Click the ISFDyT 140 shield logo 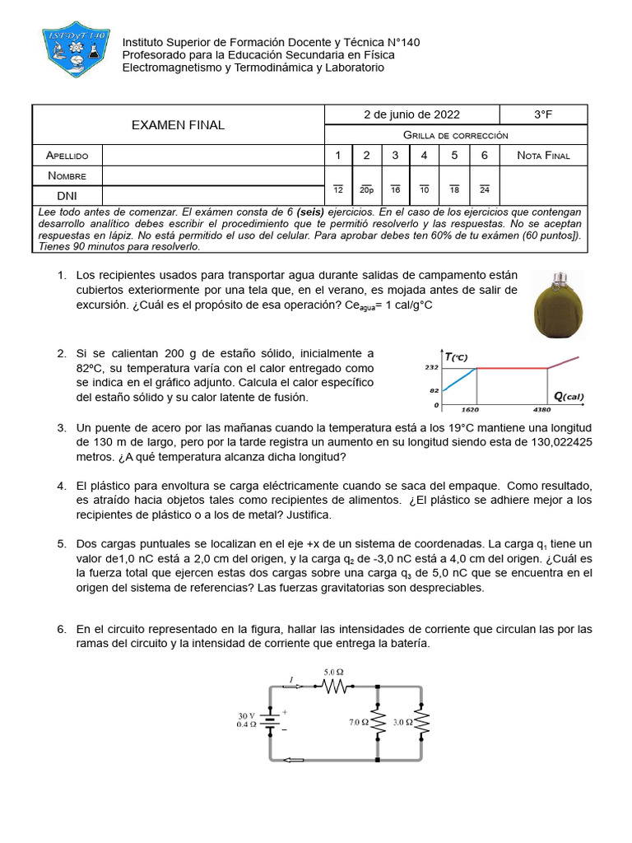pyautogui.click(x=76, y=49)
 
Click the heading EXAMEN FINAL pyautogui.click(x=179, y=125)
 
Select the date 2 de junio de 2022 pyautogui.click(x=411, y=114)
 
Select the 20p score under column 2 pyautogui.click(x=366, y=190)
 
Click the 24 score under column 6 pyautogui.click(x=484, y=190)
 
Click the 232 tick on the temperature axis pyautogui.click(x=421, y=368)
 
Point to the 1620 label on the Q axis pyautogui.click(x=470, y=409)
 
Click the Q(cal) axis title pyautogui.click(x=569, y=397)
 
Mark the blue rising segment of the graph pyautogui.click(x=459, y=379)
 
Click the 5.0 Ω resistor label pyautogui.click(x=333, y=672)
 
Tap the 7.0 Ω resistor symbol pyautogui.click(x=378, y=724)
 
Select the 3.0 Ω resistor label pyautogui.click(x=403, y=722)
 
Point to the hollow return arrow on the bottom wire pyautogui.click(x=294, y=760)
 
